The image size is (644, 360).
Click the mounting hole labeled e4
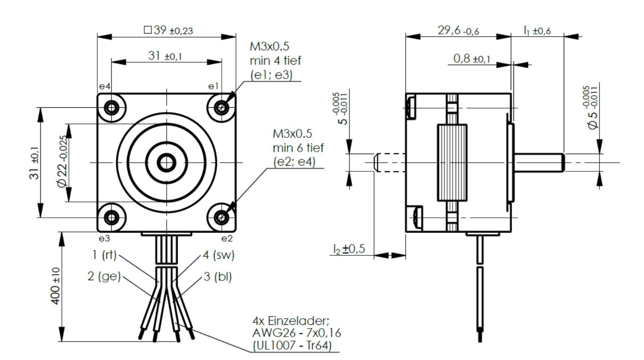coord(112,106)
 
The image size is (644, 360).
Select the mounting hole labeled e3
coord(112,218)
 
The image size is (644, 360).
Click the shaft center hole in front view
coord(166,162)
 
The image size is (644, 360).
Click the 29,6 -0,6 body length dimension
coord(458,30)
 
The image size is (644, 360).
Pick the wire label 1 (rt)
coord(104,255)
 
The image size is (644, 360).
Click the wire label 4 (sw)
coord(219,255)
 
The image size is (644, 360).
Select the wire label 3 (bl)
coord(217,277)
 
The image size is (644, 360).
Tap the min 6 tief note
coord(298,148)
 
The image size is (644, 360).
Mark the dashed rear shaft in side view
coord(389,163)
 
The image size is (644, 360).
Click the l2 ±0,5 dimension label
coord(349,249)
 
